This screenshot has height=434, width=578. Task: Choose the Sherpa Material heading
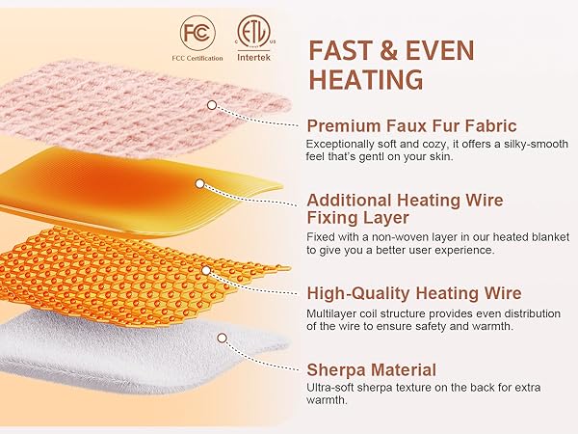(372, 368)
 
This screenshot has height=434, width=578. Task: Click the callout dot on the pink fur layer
(212, 102)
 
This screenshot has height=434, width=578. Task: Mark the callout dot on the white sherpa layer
(222, 339)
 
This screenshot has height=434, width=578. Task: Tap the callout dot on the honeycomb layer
(204, 269)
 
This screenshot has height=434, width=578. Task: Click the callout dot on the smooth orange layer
(199, 182)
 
